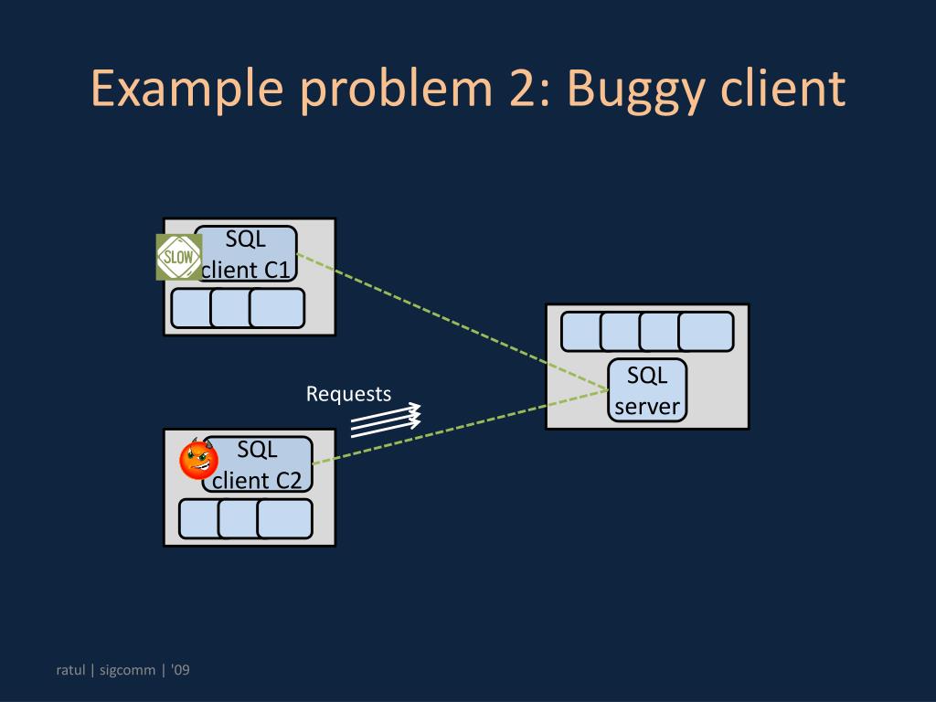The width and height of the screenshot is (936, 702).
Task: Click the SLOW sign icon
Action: (179, 257)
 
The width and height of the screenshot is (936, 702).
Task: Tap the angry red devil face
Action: (198, 459)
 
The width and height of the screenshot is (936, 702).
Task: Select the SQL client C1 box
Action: (246, 254)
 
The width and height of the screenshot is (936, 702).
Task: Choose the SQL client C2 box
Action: (257, 464)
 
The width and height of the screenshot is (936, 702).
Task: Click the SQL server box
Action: (647, 390)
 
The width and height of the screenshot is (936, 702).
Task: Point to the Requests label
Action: (348, 394)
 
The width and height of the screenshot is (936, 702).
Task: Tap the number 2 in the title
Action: (524, 89)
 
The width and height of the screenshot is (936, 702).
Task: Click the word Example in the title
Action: (186, 90)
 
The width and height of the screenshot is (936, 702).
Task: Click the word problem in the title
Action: (396, 90)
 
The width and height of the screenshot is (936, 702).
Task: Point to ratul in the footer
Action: (70, 670)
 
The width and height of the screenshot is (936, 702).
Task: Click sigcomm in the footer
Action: (127, 671)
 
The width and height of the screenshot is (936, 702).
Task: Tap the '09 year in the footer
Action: (180, 670)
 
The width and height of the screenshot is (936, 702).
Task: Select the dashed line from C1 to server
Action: (452, 322)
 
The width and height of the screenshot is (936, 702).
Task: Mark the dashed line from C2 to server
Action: (461, 427)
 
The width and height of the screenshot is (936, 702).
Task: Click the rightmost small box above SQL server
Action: (706, 331)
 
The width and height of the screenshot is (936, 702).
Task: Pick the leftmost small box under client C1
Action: (191, 308)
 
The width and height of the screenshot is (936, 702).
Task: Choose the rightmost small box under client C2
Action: (285, 519)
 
